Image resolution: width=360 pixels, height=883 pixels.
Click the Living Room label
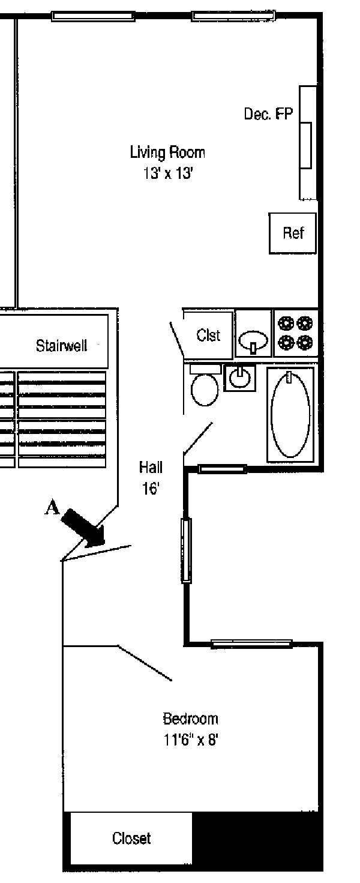click(x=167, y=152)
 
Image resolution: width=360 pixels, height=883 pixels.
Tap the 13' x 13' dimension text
click(x=167, y=174)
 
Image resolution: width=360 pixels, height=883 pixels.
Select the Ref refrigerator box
click(x=293, y=233)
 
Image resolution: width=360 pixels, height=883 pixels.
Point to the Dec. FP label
click(x=268, y=113)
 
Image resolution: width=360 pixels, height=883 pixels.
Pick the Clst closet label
click(x=208, y=336)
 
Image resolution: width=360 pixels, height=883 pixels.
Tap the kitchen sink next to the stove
click(x=253, y=341)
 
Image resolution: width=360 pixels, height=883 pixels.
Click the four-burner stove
click(x=295, y=334)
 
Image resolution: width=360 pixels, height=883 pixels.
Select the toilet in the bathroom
click(x=205, y=387)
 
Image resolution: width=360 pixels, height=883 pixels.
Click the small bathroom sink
click(x=240, y=378)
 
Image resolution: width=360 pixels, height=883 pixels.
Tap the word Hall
click(x=151, y=467)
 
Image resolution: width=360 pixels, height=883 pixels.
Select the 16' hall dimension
click(x=150, y=489)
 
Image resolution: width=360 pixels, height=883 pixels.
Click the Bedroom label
click(x=190, y=719)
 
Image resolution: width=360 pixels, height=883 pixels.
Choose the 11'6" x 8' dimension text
click(x=190, y=740)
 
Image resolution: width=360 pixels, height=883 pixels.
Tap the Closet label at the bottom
click(x=131, y=838)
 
